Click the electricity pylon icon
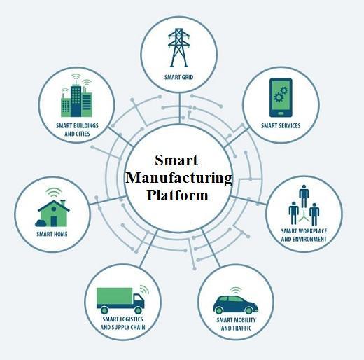tap(178, 48)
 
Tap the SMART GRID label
tap(178, 77)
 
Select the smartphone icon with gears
tap(281, 97)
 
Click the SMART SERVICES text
tap(281, 125)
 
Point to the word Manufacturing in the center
tap(178, 178)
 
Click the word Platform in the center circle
tap(177, 195)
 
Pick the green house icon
tap(52, 213)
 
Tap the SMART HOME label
tap(52, 234)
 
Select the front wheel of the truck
tap(138, 310)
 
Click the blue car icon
tap(235, 305)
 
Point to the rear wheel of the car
tap(219, 310)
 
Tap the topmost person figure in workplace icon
tap(304, 196)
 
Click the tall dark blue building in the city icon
tap(76, 100)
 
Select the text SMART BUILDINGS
tap(77, 125)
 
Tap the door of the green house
tap(54, 221)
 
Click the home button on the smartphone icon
tap(281, 113)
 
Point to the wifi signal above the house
tap(54, 193)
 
